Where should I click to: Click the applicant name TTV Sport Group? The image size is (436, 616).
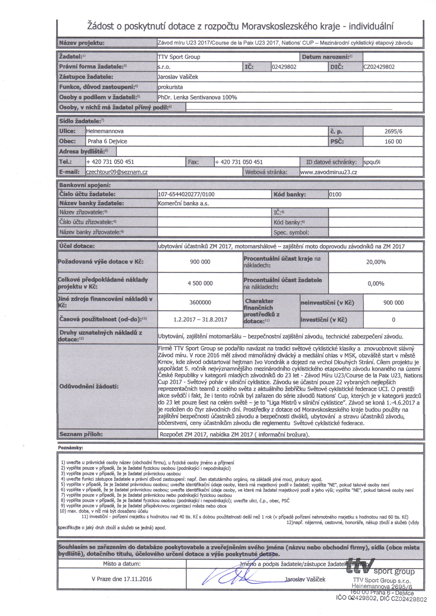click(x=179, y=57)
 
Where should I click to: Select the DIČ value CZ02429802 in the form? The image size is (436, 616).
click(x=379, y=67)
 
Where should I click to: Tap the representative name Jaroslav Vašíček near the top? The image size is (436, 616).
click(x=178, y=77)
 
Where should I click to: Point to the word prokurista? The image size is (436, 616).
click(x=170, y=87)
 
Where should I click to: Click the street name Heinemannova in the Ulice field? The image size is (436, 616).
click(x=105, y=131)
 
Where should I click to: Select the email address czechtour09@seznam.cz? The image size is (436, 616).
click(x=117, y=172)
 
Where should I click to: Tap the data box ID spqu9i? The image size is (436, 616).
click(x=372, y=162)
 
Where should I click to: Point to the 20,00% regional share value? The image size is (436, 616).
click(x=376, y=262)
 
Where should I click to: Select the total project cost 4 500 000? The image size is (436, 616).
click(x=200, y=283)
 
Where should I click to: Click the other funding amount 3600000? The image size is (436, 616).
click(x=200, y=302)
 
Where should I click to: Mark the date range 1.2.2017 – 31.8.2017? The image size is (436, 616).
click(x=200, y=319)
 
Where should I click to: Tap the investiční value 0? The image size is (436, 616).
click(x=393, y=320)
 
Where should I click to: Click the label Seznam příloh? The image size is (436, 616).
click(x=81, y=434)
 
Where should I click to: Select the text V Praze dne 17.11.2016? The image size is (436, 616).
click(x=122, y=579)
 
